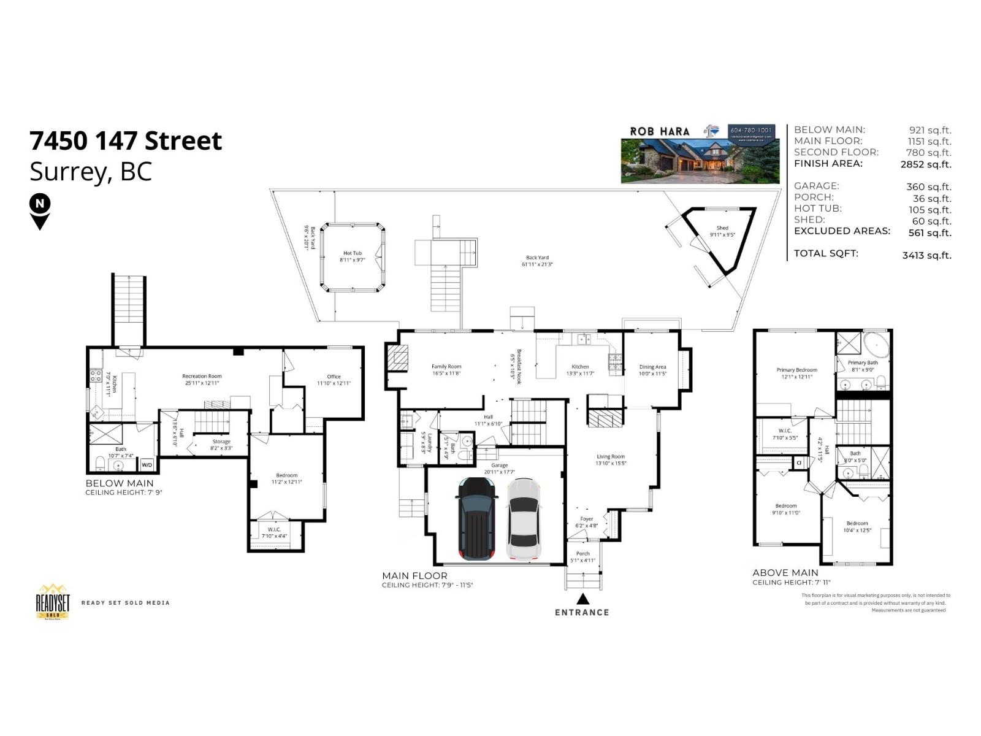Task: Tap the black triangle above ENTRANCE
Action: tap(582, 599)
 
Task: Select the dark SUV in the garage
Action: tap(476, 519)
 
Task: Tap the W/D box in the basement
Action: tap(147, 465)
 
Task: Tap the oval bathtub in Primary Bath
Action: tap(876, 346)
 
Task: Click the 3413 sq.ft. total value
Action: tap(926, 255)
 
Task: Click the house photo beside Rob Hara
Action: tap(700, 161)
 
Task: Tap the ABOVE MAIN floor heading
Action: tap(785, 573)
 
